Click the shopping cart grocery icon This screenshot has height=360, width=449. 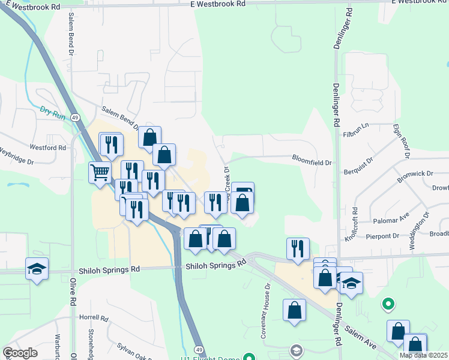pos(100,173)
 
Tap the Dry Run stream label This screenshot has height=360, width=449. pos(52,112)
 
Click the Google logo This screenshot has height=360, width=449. pos(20,352)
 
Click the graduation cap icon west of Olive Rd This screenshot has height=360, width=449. pos(37,269)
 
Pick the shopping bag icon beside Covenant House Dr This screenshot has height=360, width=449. pos(294,310)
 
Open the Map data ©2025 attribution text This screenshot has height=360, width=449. pos(423,355)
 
